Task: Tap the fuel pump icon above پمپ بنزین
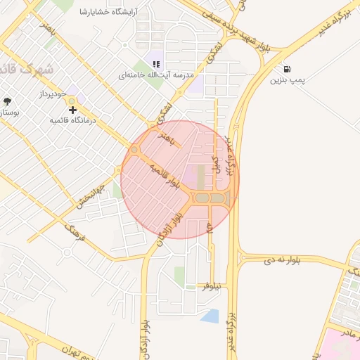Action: click(288, 69)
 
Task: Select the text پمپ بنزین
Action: click(288, 80)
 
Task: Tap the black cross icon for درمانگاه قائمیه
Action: click(72, 110)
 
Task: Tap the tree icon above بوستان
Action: click(8, 101)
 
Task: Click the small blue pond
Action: click(210, 315)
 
